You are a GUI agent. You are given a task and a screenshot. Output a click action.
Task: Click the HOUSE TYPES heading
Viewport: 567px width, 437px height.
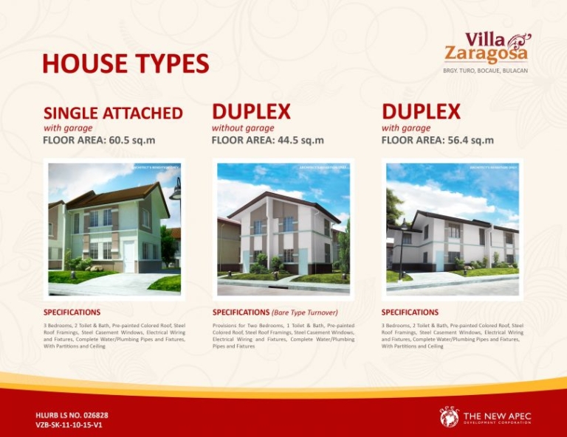coord(126,63)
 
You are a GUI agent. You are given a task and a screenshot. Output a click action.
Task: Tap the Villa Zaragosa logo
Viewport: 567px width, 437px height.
coord(487,47)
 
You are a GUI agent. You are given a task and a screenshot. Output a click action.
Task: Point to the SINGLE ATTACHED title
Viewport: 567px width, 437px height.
coord(113,113)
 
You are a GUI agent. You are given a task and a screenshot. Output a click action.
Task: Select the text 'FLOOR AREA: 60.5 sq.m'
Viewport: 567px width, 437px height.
coord(99,140)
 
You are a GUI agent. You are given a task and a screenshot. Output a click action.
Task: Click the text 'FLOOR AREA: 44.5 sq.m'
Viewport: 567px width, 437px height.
coord(268,140)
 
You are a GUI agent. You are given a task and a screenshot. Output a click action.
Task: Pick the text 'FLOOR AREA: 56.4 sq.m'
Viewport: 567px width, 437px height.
coord(438,140)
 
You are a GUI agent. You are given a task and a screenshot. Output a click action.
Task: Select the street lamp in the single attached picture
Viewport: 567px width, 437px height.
coord(176,193)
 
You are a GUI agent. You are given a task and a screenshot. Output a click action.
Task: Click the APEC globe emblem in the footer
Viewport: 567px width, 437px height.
coord(449,417)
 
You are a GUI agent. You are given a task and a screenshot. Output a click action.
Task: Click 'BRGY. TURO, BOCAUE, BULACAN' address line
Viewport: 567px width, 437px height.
coord(485,71)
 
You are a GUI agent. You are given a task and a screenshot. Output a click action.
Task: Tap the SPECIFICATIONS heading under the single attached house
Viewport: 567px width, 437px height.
coord(72,312)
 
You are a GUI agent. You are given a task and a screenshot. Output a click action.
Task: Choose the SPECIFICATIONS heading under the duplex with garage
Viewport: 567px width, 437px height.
coord(410,312)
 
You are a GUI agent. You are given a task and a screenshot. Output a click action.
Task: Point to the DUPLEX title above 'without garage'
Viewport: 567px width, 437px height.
coord(251,112)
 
